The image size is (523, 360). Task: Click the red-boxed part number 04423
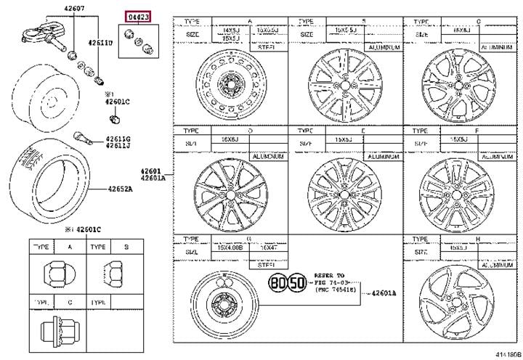point(136,15)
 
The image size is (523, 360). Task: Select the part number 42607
point(63,8)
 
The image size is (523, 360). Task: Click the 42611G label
point(116,139)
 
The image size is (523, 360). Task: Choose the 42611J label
point(116,146)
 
